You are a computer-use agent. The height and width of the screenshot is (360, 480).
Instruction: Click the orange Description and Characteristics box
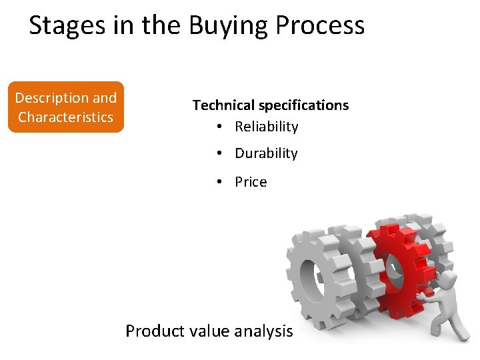coord(66,107)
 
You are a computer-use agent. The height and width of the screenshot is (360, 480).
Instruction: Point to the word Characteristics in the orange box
coord(66,117)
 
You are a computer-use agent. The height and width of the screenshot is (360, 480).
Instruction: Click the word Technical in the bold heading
coord(223,105)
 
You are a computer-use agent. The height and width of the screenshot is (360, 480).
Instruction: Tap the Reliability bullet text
coord(266,127)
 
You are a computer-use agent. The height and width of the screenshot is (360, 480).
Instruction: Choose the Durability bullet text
coord(266,153)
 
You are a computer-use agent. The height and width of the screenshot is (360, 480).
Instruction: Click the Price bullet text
coord(251,182)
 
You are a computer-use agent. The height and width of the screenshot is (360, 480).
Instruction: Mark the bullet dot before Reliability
coord(219,127)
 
